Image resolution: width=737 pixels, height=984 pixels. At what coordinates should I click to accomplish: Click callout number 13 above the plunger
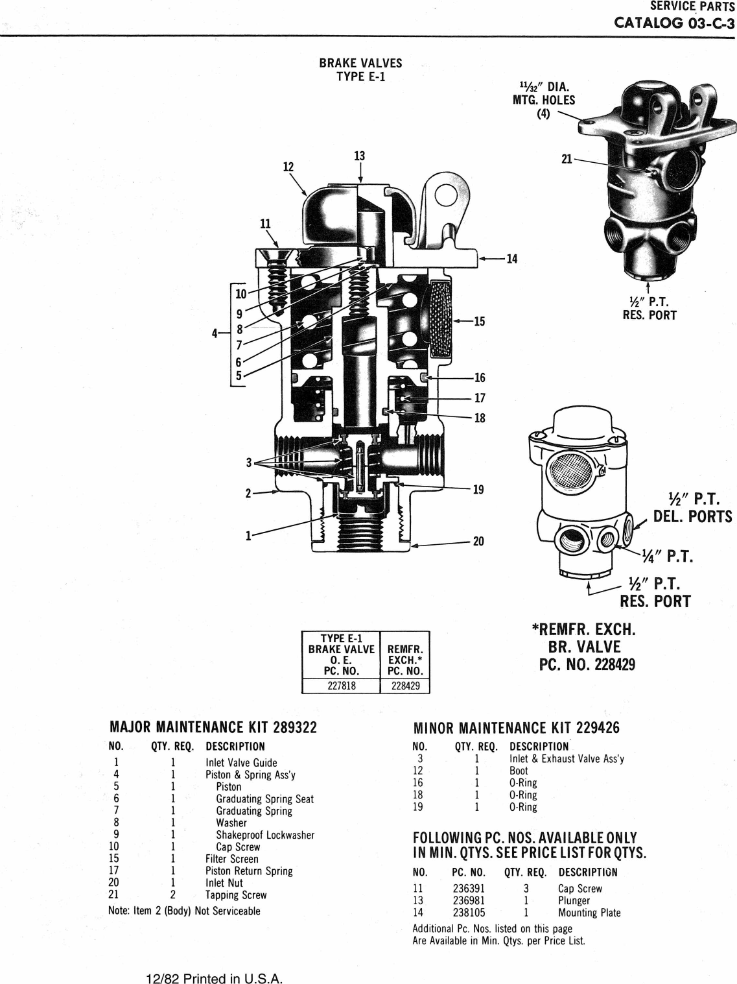(x=359, y=156)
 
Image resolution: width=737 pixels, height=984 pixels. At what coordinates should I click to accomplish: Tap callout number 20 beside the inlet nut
(x=478, y=541)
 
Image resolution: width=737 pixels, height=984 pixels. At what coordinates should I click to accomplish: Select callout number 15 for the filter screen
(x=479, y=321)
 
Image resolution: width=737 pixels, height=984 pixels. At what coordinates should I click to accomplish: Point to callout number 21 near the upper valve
(x=567, y=159)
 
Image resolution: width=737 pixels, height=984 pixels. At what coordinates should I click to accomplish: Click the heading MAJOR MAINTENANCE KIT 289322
(x=213, y=727)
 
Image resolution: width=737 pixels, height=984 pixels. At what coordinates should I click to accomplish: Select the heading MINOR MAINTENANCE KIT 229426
(x=516, y=728)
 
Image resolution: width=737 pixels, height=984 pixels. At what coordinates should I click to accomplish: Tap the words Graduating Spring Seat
(x=264, y=799)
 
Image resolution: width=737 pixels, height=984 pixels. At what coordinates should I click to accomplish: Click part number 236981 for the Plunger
(x=469, y=900)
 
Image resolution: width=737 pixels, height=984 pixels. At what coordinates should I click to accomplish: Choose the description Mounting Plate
(x=589, y=913)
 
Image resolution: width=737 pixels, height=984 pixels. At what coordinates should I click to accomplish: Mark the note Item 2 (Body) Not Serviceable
(x=184, y=911)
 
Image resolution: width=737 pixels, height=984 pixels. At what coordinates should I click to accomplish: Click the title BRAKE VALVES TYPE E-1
(x=360, y=69)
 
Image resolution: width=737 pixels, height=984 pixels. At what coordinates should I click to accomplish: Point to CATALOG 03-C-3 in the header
(x=674, y=23)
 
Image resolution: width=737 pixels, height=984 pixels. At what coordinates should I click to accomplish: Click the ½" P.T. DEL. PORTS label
(x=692, y=508)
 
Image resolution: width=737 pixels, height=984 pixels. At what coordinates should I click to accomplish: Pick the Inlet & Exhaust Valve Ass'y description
(x=567, y=759)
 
